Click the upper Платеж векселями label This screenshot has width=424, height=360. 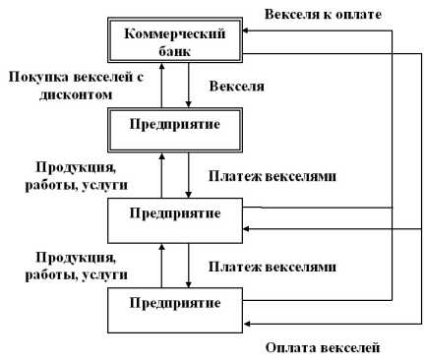pyautogui.click(x=273, y=176)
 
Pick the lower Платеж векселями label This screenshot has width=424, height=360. pyautogui.click(x=273, y=266)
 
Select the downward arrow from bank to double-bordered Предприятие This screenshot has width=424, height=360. pyautogui.click(x=189, y=87)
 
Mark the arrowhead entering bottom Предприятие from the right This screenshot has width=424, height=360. pyautogui.click(x=250, y=321)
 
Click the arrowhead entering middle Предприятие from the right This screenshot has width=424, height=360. pyautogui.click(x=250, y=228)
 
